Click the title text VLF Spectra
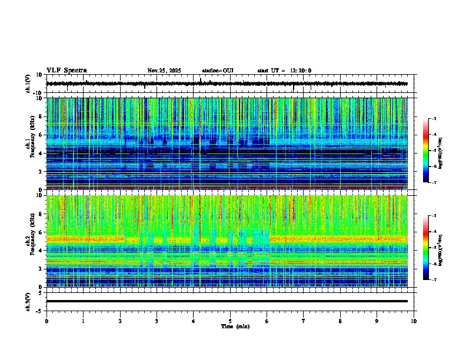pos(66,71)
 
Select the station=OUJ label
pos(218,71)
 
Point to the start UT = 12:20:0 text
pos(284,71)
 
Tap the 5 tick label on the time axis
pos(230,321)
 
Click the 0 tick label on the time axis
pos(46,321)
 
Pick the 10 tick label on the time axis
pos(414,321)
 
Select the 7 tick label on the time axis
pos(304,321)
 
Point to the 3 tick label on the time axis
pos(157,321)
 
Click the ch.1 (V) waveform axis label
pos(28,84)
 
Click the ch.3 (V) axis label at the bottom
pos(28,301)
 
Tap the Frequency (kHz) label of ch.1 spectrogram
pos(28,144)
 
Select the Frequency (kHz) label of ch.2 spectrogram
pos(28,241)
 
